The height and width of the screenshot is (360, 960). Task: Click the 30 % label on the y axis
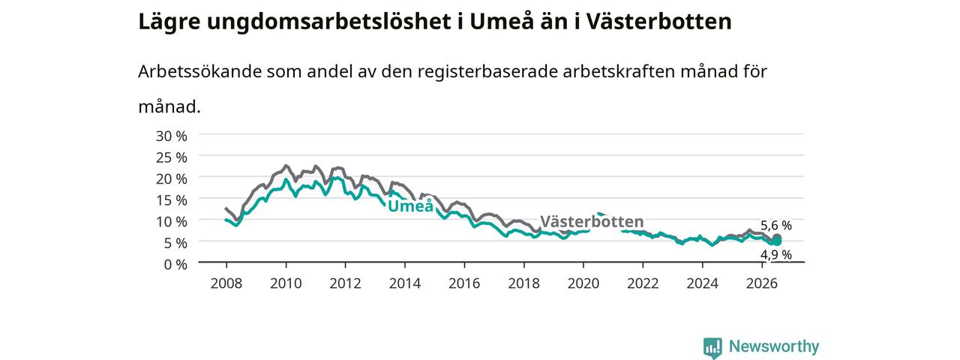coord(172,136)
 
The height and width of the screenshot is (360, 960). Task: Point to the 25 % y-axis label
coord(172,157)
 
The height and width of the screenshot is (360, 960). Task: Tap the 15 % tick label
coord(172,200)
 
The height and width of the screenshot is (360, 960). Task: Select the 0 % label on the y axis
coord(175,265)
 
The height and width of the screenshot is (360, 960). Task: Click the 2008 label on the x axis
coord(226,283)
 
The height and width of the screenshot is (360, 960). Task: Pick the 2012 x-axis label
coord(346,283)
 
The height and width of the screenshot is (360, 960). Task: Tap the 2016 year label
coord(464,283)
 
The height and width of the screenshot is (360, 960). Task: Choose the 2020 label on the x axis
coord(583,283)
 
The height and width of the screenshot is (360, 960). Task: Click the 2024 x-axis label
coord(703,283)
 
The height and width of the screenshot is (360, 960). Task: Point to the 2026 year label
coord(762,283)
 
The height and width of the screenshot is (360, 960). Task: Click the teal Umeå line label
coord(410,205)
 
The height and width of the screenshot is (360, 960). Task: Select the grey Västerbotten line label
coord(592,221)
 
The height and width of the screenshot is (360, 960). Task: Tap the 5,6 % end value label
coord(776,226)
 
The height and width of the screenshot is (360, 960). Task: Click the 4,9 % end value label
coord(776,255)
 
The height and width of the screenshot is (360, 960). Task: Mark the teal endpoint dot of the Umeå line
coord(776,242)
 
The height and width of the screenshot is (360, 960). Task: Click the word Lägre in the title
coord(169,22)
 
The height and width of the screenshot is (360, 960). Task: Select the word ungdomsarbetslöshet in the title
coord(328,22)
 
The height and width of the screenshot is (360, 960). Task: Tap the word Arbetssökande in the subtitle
coord(199,71)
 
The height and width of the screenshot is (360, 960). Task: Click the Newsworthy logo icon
coord(712,347)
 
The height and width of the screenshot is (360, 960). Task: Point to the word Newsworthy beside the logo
coord(774,346)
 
